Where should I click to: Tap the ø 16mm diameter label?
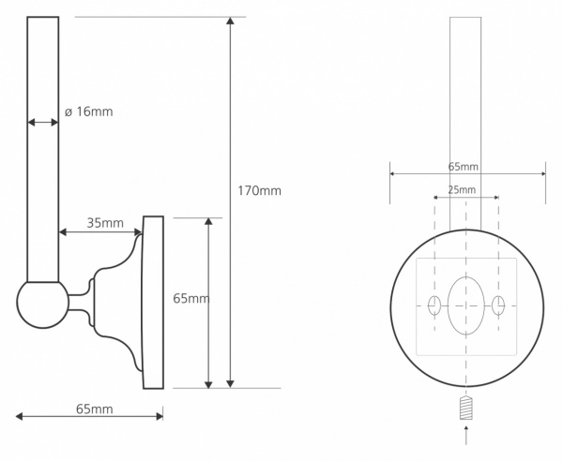point(88,112)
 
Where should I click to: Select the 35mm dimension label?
point(105,223)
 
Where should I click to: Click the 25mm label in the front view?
point(461,189)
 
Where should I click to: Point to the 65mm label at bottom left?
point(94,409)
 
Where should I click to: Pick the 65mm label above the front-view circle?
point(463,167)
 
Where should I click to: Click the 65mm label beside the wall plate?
point(191,299)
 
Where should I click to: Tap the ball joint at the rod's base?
point(42,304)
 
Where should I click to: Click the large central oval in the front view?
point(466,305)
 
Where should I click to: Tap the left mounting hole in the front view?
point(434,305)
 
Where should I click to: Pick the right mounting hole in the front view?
point(498,305)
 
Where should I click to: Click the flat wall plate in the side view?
point(152,302)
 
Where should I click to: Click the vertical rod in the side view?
point(42,150)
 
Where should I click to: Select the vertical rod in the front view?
point(466,122)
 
